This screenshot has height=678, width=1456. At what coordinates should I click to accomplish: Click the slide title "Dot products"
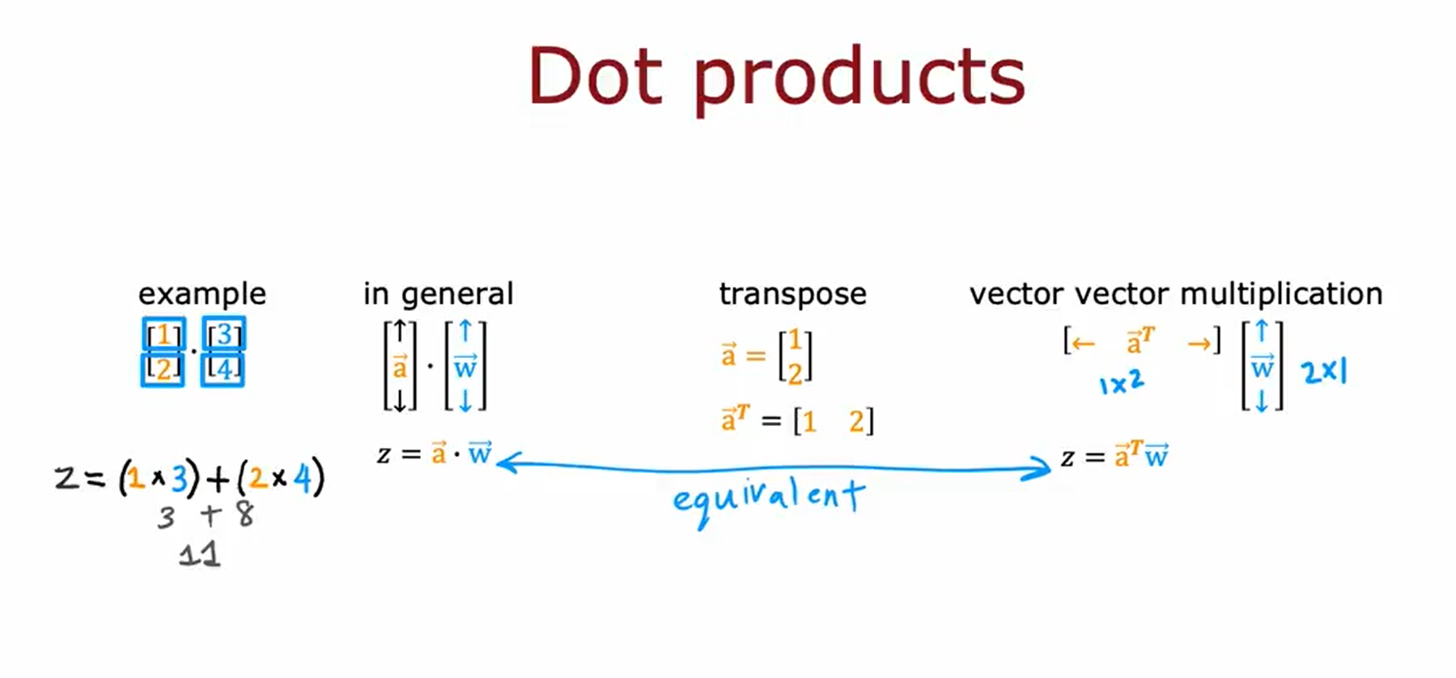click(776, 77)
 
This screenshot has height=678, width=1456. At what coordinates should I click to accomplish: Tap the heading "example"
click(202, 293)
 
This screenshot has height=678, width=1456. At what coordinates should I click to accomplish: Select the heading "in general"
click(438, 294)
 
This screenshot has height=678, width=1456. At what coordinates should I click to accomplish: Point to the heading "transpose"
click(792, 294)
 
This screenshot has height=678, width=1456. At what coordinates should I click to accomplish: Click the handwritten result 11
click(199, 555)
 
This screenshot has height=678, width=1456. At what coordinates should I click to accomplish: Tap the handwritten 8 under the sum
click(244, 514)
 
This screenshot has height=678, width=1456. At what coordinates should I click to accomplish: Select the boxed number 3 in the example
click(224, 334)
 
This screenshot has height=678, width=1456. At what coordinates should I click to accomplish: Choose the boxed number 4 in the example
click(224, 369)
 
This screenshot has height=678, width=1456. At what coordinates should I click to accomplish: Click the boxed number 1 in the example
click(163, 334)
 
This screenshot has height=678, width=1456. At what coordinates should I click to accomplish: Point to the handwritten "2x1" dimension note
click(1324, 372)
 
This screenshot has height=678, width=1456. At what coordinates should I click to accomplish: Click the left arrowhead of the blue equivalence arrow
click(504, 463)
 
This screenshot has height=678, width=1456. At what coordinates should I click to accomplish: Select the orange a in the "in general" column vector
click(400, 367)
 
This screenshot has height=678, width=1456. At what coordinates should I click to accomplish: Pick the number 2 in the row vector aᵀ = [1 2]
click(856, 421)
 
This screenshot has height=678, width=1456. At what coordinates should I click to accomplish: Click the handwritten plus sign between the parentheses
click(218, 478)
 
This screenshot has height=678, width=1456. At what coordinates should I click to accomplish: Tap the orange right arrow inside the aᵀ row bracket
click(1199, 344)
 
